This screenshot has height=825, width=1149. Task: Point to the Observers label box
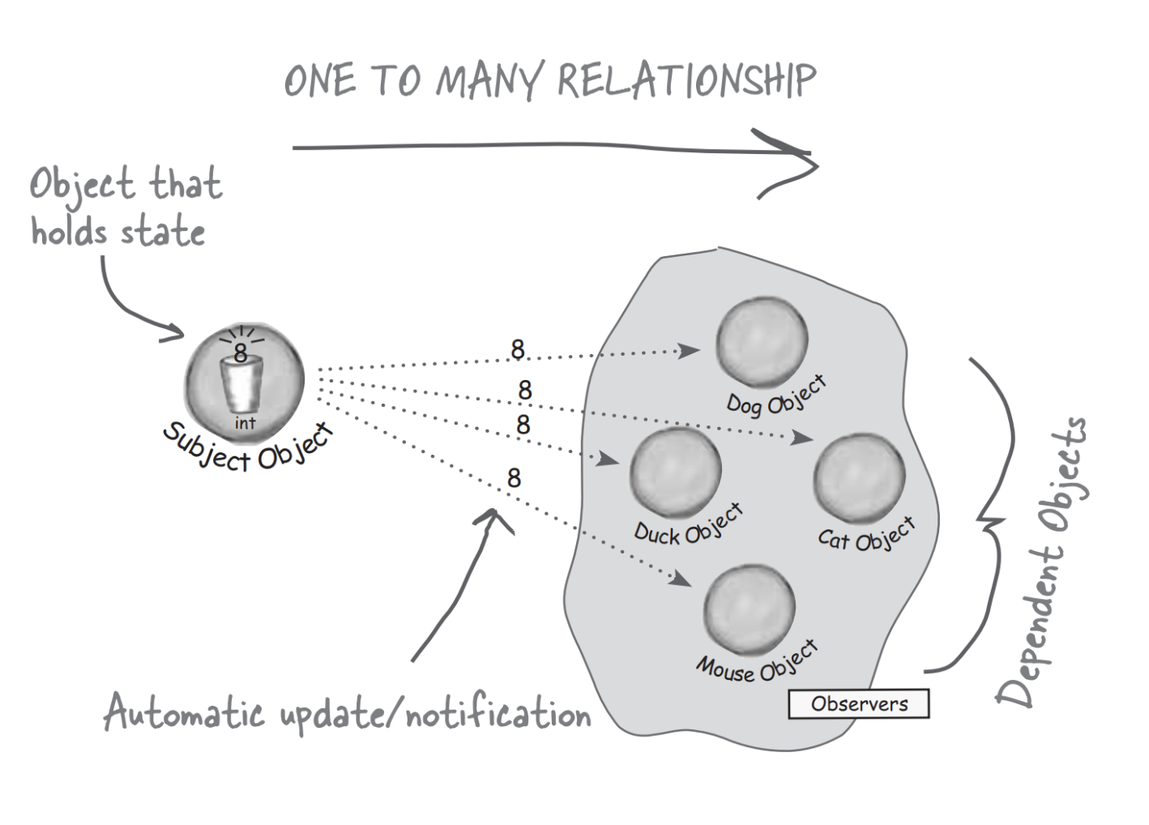point(859,703)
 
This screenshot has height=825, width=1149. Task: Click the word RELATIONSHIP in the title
point(686,80)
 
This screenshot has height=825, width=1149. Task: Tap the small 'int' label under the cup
point(245,423)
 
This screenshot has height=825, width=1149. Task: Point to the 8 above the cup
point(241,353)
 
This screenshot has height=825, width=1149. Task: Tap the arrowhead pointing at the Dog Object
point(690,351)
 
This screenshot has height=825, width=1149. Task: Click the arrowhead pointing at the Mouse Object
point(680,579)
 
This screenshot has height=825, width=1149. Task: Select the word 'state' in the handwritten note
point(162,232)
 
